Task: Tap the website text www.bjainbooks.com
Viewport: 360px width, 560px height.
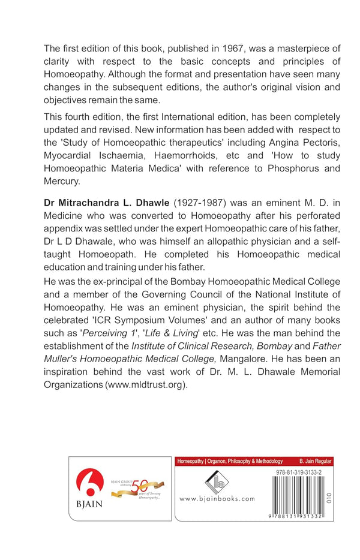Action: click(x=217, y=499)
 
